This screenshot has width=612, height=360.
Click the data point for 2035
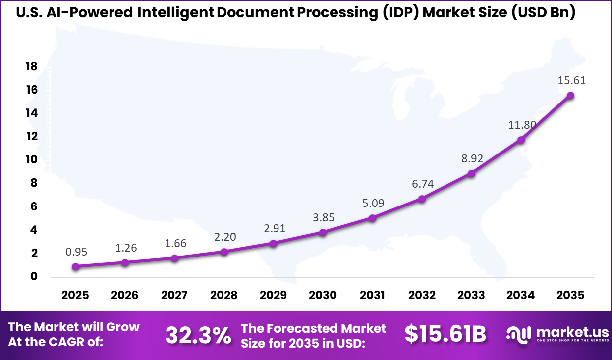[x=570, y=96]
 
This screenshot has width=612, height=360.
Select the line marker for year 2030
[x=323, y=232]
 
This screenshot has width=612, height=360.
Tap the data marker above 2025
[x=75, y=266]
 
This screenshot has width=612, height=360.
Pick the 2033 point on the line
[x=471, y=174]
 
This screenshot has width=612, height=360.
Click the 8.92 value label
[x=472, y=159]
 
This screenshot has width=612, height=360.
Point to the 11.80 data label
[x=521, y=125]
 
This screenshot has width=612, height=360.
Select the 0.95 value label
[x=76, y=252]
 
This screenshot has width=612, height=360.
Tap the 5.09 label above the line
[x=373, y=203]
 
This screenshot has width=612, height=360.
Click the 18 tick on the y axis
[x=31, y=66]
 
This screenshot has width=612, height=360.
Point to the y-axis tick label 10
[x=31, y=159]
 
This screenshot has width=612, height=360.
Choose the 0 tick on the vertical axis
[x=34, y=276]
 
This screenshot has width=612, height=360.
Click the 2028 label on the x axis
[x=224, y=295]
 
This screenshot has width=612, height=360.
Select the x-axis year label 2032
[x=422, y=295]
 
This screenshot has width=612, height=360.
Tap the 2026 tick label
[x=125, y=295]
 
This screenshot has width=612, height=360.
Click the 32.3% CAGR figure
[x=198, y=335]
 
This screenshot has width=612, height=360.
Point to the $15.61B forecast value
[x=445, y=334]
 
